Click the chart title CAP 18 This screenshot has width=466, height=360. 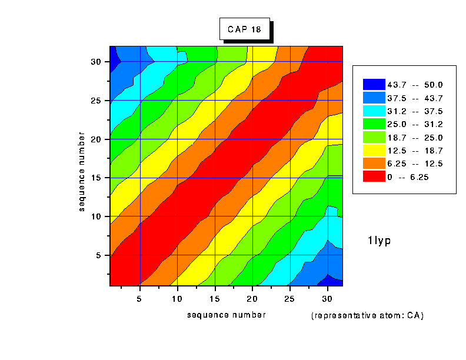pos(244,28)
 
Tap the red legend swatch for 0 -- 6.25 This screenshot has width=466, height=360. pos(374,176)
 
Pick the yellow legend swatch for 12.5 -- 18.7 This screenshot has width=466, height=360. pos(374,150)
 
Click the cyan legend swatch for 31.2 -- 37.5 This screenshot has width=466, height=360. pos(374,111)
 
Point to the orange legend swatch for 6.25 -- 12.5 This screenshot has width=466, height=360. pos(374,163)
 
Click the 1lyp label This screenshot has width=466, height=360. pos(380,240)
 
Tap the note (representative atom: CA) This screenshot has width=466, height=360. pos(368,315)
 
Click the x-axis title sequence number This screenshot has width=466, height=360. pos(227,315)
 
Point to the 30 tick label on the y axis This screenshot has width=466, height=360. pos(97,62)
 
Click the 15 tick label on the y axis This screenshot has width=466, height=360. pos(97,178)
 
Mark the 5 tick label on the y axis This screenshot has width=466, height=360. pos(99,255)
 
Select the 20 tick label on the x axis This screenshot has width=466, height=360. pos(252,299)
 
